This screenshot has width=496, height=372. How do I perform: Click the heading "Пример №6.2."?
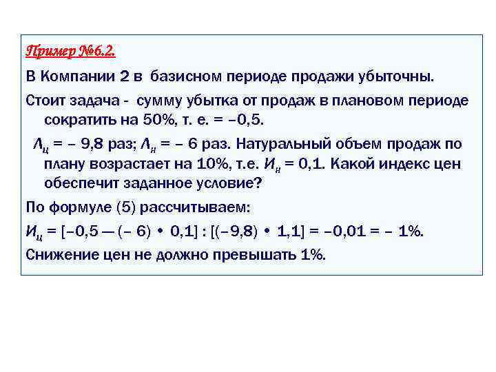70,52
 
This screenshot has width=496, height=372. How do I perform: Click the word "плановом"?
367,101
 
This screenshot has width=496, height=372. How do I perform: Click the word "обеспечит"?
79,185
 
